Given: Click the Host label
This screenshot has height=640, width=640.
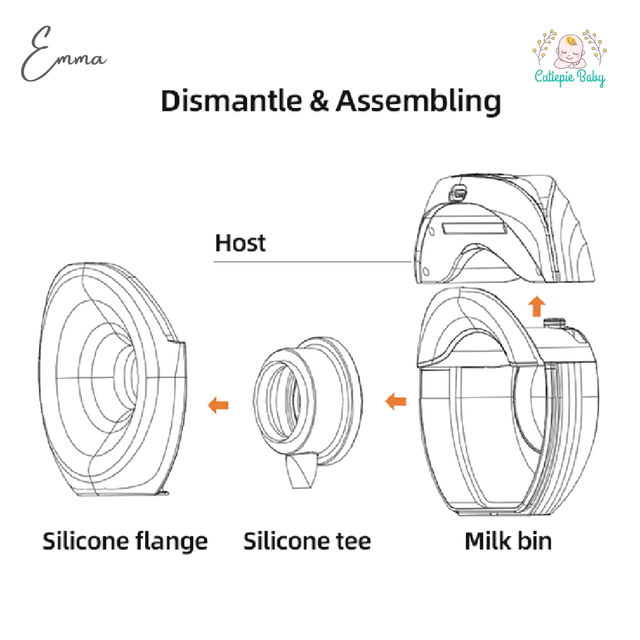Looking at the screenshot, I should [x=240, y=243].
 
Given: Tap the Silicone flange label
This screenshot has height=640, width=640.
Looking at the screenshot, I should [x=125, y=540].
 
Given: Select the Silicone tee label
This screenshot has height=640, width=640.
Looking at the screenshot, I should [x=307, y=540].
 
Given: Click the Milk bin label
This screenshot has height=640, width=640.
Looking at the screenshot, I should [x=508, y=540].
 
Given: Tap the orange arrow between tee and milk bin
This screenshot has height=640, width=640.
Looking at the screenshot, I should [x=396, y=402].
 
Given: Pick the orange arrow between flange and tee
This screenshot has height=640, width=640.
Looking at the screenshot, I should [x=218, y=405].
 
